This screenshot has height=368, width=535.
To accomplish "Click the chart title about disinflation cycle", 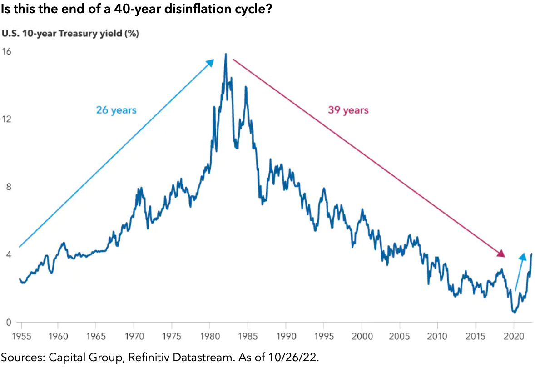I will click(136, 9).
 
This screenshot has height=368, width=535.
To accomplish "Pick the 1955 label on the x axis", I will click(20, 337).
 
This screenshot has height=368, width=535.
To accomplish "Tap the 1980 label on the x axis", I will click(209, 337).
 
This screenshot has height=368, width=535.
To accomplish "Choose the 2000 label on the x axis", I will click(362, 337).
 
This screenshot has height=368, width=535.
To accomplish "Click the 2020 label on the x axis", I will click(514, 337).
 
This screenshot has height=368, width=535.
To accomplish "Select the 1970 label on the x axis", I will click(134, 337).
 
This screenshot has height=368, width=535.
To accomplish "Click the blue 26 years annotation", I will click(116, 110).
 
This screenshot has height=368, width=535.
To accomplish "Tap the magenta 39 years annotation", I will click(348, 110).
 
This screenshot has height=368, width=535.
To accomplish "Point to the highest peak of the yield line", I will click(225, 54).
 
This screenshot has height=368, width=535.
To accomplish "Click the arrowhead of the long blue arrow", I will click(211, 61).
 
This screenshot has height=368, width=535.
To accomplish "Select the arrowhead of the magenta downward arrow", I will click(501, 254).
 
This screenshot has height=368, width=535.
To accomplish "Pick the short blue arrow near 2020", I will click(520, 273).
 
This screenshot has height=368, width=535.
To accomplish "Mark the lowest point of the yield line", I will click(514, 313).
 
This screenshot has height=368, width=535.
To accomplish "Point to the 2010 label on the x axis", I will click(437, 337).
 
